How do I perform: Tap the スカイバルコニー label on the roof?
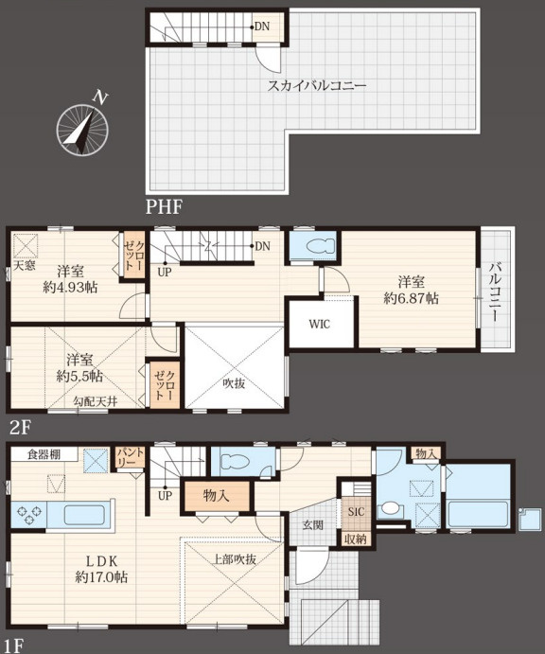316,86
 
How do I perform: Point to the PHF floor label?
163,206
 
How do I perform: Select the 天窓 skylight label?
24,266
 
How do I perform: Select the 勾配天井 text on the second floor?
97,402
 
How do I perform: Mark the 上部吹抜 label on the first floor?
234,558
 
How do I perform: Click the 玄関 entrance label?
313,522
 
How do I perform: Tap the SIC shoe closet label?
356,511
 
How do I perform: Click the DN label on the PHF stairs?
260,27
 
